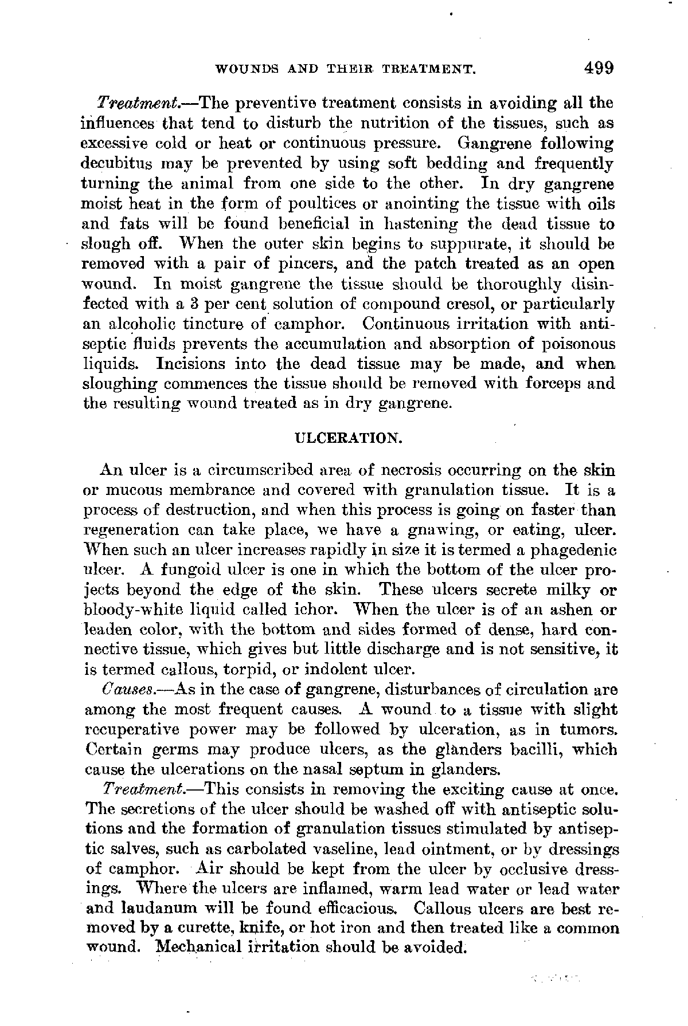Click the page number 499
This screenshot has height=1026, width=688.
(599, 68)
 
